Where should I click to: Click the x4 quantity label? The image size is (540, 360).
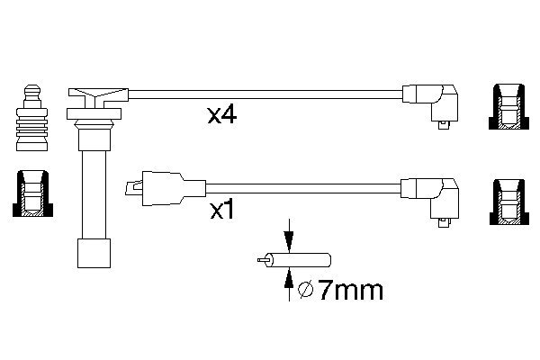click(221, 116)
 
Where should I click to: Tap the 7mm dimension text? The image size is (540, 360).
click(350, 290)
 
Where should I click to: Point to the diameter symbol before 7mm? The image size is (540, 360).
click(305, 291)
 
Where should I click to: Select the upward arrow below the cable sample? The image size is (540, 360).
click(288, 286)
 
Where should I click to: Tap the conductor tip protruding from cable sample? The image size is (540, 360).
click(262, 262)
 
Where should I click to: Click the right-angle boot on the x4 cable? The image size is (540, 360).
click(436, 101)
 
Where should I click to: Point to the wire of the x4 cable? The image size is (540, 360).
click(261, 91)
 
